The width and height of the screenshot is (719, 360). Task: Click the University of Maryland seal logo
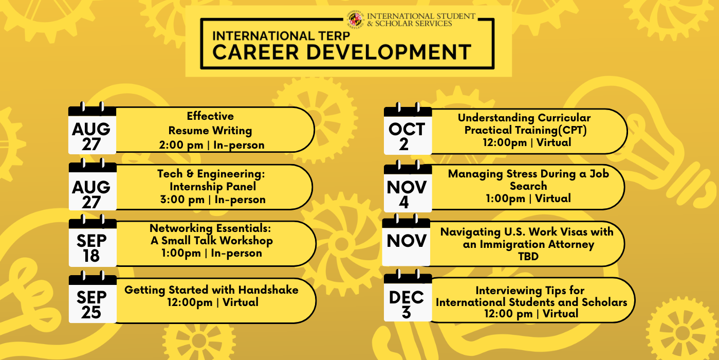(x=356, y=19)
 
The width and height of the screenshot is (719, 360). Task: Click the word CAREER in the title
(x=255, y=52)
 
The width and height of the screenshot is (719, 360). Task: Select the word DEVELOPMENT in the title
(x=389, y=52)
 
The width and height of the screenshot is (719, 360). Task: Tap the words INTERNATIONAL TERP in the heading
(x=281, y=35)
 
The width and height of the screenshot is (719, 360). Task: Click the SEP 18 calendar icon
(x=93, y=241)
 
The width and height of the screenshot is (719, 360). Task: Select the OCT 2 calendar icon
(x=408, y=129)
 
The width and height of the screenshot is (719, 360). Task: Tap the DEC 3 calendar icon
(x=408, y=295)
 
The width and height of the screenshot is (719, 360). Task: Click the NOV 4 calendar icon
(x=408, y=186)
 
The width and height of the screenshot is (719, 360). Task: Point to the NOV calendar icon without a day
(x=406, y=240)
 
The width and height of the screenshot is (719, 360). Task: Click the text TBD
(x=528, y=257)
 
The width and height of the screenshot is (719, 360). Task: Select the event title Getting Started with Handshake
(x=211, y=290)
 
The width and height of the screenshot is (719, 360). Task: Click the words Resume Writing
(x=210, y=131)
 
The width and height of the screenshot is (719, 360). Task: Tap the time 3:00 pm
(x=182, y=200)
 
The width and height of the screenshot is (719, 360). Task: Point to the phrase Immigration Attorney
(x=537, y=244)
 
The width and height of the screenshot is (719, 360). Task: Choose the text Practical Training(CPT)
(x=525, y=130)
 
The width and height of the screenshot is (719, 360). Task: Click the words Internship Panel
(x=213, y=187)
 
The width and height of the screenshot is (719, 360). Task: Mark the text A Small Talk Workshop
(x=212, y=241)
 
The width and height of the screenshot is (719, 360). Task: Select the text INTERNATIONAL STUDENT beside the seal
(x=421, y=16)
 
